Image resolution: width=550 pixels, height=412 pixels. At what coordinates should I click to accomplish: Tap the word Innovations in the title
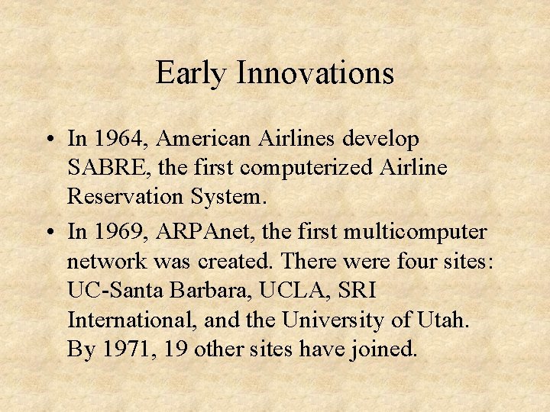pyautogui.click(x=315, y=74)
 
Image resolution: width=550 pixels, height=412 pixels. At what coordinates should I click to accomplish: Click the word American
pyautogui.click(x=209, y=140)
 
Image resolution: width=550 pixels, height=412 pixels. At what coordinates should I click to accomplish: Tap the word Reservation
pyautogui.click(x=125, y=196)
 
